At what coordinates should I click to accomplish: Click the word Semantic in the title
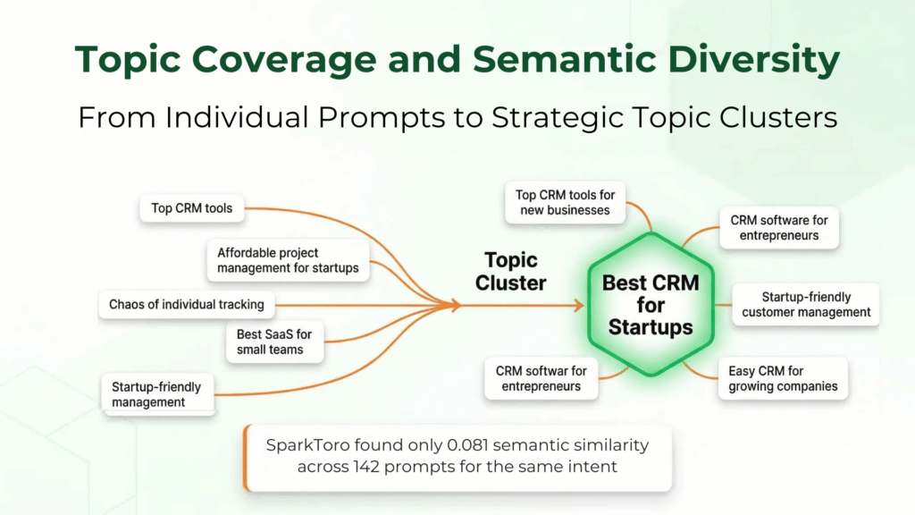pos(565,60)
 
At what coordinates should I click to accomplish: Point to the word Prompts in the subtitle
pos(382,118)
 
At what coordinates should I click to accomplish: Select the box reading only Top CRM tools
pos(192,208)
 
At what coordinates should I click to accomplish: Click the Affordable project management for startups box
pos(289,260)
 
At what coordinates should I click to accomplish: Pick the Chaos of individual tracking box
pos(187,305)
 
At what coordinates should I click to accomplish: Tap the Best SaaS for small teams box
pos(274,342)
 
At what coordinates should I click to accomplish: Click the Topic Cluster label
pos(510,272)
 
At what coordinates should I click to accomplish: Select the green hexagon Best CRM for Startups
pos(651,305)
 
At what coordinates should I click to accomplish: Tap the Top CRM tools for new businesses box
pos(565,203)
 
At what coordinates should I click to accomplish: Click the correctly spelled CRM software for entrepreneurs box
pos(779,228)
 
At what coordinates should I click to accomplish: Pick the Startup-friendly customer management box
pos(806,305)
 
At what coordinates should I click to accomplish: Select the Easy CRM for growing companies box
pos(783,378)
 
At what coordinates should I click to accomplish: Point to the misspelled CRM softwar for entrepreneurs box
pos(541,378)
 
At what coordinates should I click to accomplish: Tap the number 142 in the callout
pos(366,467)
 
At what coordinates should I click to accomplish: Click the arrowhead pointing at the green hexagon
pos(578,306)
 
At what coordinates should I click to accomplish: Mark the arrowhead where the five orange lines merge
pos(455,305)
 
